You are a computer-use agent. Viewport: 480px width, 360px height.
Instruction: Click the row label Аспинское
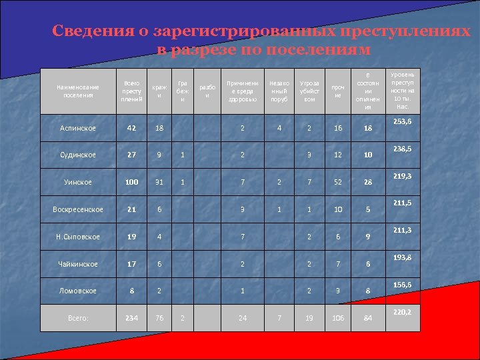click(x=78, y=128)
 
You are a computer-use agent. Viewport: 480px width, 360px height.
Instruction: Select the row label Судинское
click(x=78, y=155)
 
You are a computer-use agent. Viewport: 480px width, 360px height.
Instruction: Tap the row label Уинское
click(x=78, y=182)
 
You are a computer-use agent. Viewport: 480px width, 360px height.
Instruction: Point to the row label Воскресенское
click(x=78, y=209)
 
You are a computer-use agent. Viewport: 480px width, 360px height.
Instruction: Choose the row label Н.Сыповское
click(x=78, y=237)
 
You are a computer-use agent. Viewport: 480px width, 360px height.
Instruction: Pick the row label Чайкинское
click(x=78, y=264)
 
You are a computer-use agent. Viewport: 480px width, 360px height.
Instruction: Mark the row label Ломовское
click(x=78, y=291)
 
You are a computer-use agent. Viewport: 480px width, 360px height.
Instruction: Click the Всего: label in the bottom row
click(x=78, y=318)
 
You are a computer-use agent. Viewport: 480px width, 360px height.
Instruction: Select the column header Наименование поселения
click(x=78, y=91)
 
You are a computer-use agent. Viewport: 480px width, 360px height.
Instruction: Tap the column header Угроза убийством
click(x=309, y=91)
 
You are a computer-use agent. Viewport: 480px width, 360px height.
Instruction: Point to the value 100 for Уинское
click(x=131, y=182)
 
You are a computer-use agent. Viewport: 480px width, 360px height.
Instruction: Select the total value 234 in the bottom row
click(x=131, y=318)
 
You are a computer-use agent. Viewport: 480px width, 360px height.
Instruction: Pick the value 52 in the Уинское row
click(x=338, y=182)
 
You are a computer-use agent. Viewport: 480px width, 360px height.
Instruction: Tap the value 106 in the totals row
click(x=338, y=318)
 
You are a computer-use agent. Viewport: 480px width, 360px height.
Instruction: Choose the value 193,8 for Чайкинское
click(x=402, y=257)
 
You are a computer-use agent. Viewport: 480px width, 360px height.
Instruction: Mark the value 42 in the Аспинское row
click(x=131, y=128)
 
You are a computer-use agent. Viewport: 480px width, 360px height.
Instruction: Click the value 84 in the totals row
click(x=367, y=318)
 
